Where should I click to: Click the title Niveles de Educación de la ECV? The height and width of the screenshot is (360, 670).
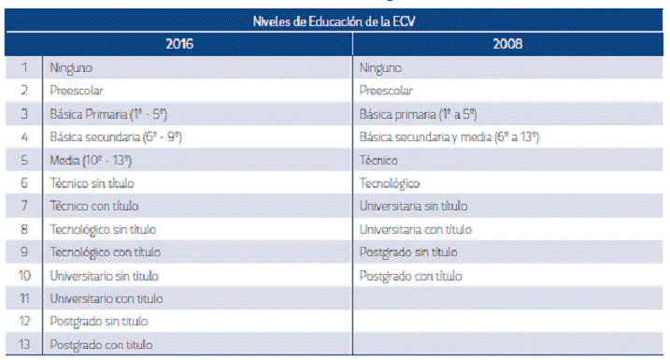pyautogui.click(x=335, y=22)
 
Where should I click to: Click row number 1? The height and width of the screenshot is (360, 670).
pyautogui.click(x=24, y=68)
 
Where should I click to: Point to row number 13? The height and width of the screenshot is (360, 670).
pyautogui.click(x=24, y=345)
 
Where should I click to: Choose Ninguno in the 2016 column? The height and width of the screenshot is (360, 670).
pyautogui.click(x=70, y=68)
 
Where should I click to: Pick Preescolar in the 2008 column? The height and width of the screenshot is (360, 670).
pyautogui.click(x=386, y=92)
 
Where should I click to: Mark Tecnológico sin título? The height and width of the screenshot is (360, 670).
pyautogui.click(x=103, y=229)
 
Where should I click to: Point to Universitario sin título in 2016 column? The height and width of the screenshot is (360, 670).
pyautogui.click(x=104, y=276)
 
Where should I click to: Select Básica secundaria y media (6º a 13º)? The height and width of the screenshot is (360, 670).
pyautogui.click(x=450, y=137)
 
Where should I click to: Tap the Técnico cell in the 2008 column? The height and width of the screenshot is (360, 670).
pyautogui.click(x=378, y=161)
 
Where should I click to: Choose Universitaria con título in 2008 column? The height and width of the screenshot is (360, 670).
pyautogui.click(x=416, y=229)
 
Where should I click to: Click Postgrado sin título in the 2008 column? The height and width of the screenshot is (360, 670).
pyautogui.click(x=408, y=252)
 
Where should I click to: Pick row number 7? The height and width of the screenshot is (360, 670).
pyautogui.click(x=24, y=207)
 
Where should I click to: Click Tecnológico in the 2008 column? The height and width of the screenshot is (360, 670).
pyautogui.click(x=390, y=183)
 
